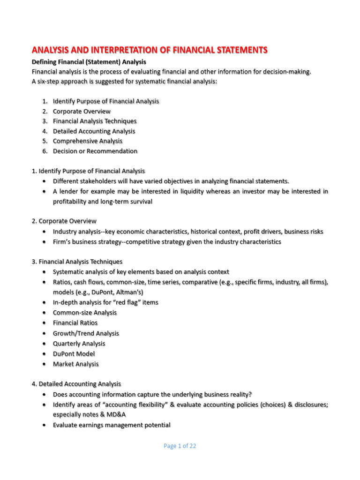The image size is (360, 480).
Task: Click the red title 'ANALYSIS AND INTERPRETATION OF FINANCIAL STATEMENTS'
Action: pyautogui.click(x=149, y=50)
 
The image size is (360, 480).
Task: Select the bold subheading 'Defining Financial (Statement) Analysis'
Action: pyautogui.click(x=89, y=62)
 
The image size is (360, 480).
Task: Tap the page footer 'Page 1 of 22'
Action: pyautogui.click(x=180, y=446)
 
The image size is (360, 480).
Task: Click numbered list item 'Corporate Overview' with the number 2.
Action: pyautogui.click(x=82, y=112)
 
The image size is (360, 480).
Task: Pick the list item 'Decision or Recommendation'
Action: pyautogui.click(x=95, y=151)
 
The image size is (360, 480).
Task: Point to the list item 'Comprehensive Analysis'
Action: pyautogui.click(x=88, y=141)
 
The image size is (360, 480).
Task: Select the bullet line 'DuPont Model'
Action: pyautogui.click(x=74, y=354)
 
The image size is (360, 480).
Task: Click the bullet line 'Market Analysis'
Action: pyautogui.click(x=76, y=364)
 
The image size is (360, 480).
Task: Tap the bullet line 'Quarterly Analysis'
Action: pyautogui.click(x=79, y=344)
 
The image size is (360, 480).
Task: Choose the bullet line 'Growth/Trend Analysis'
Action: pyautogui.click(x=86, y=333)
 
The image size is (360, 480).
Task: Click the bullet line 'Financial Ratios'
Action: pyautogui.click(x=75, y=323)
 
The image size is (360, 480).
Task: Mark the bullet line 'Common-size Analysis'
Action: pyautogui.click(x=85, y=313)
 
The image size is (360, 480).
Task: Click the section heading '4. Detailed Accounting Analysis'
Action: pyautogui.click(x=76, y=384)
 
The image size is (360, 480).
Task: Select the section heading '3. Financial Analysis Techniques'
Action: pyautogui.click(x=77, y=262)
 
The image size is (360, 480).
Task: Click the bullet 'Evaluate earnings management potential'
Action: pyautogui.click(x=112, y=425)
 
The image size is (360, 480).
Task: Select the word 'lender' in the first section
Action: pyautogui.click(x=68, y=192)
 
